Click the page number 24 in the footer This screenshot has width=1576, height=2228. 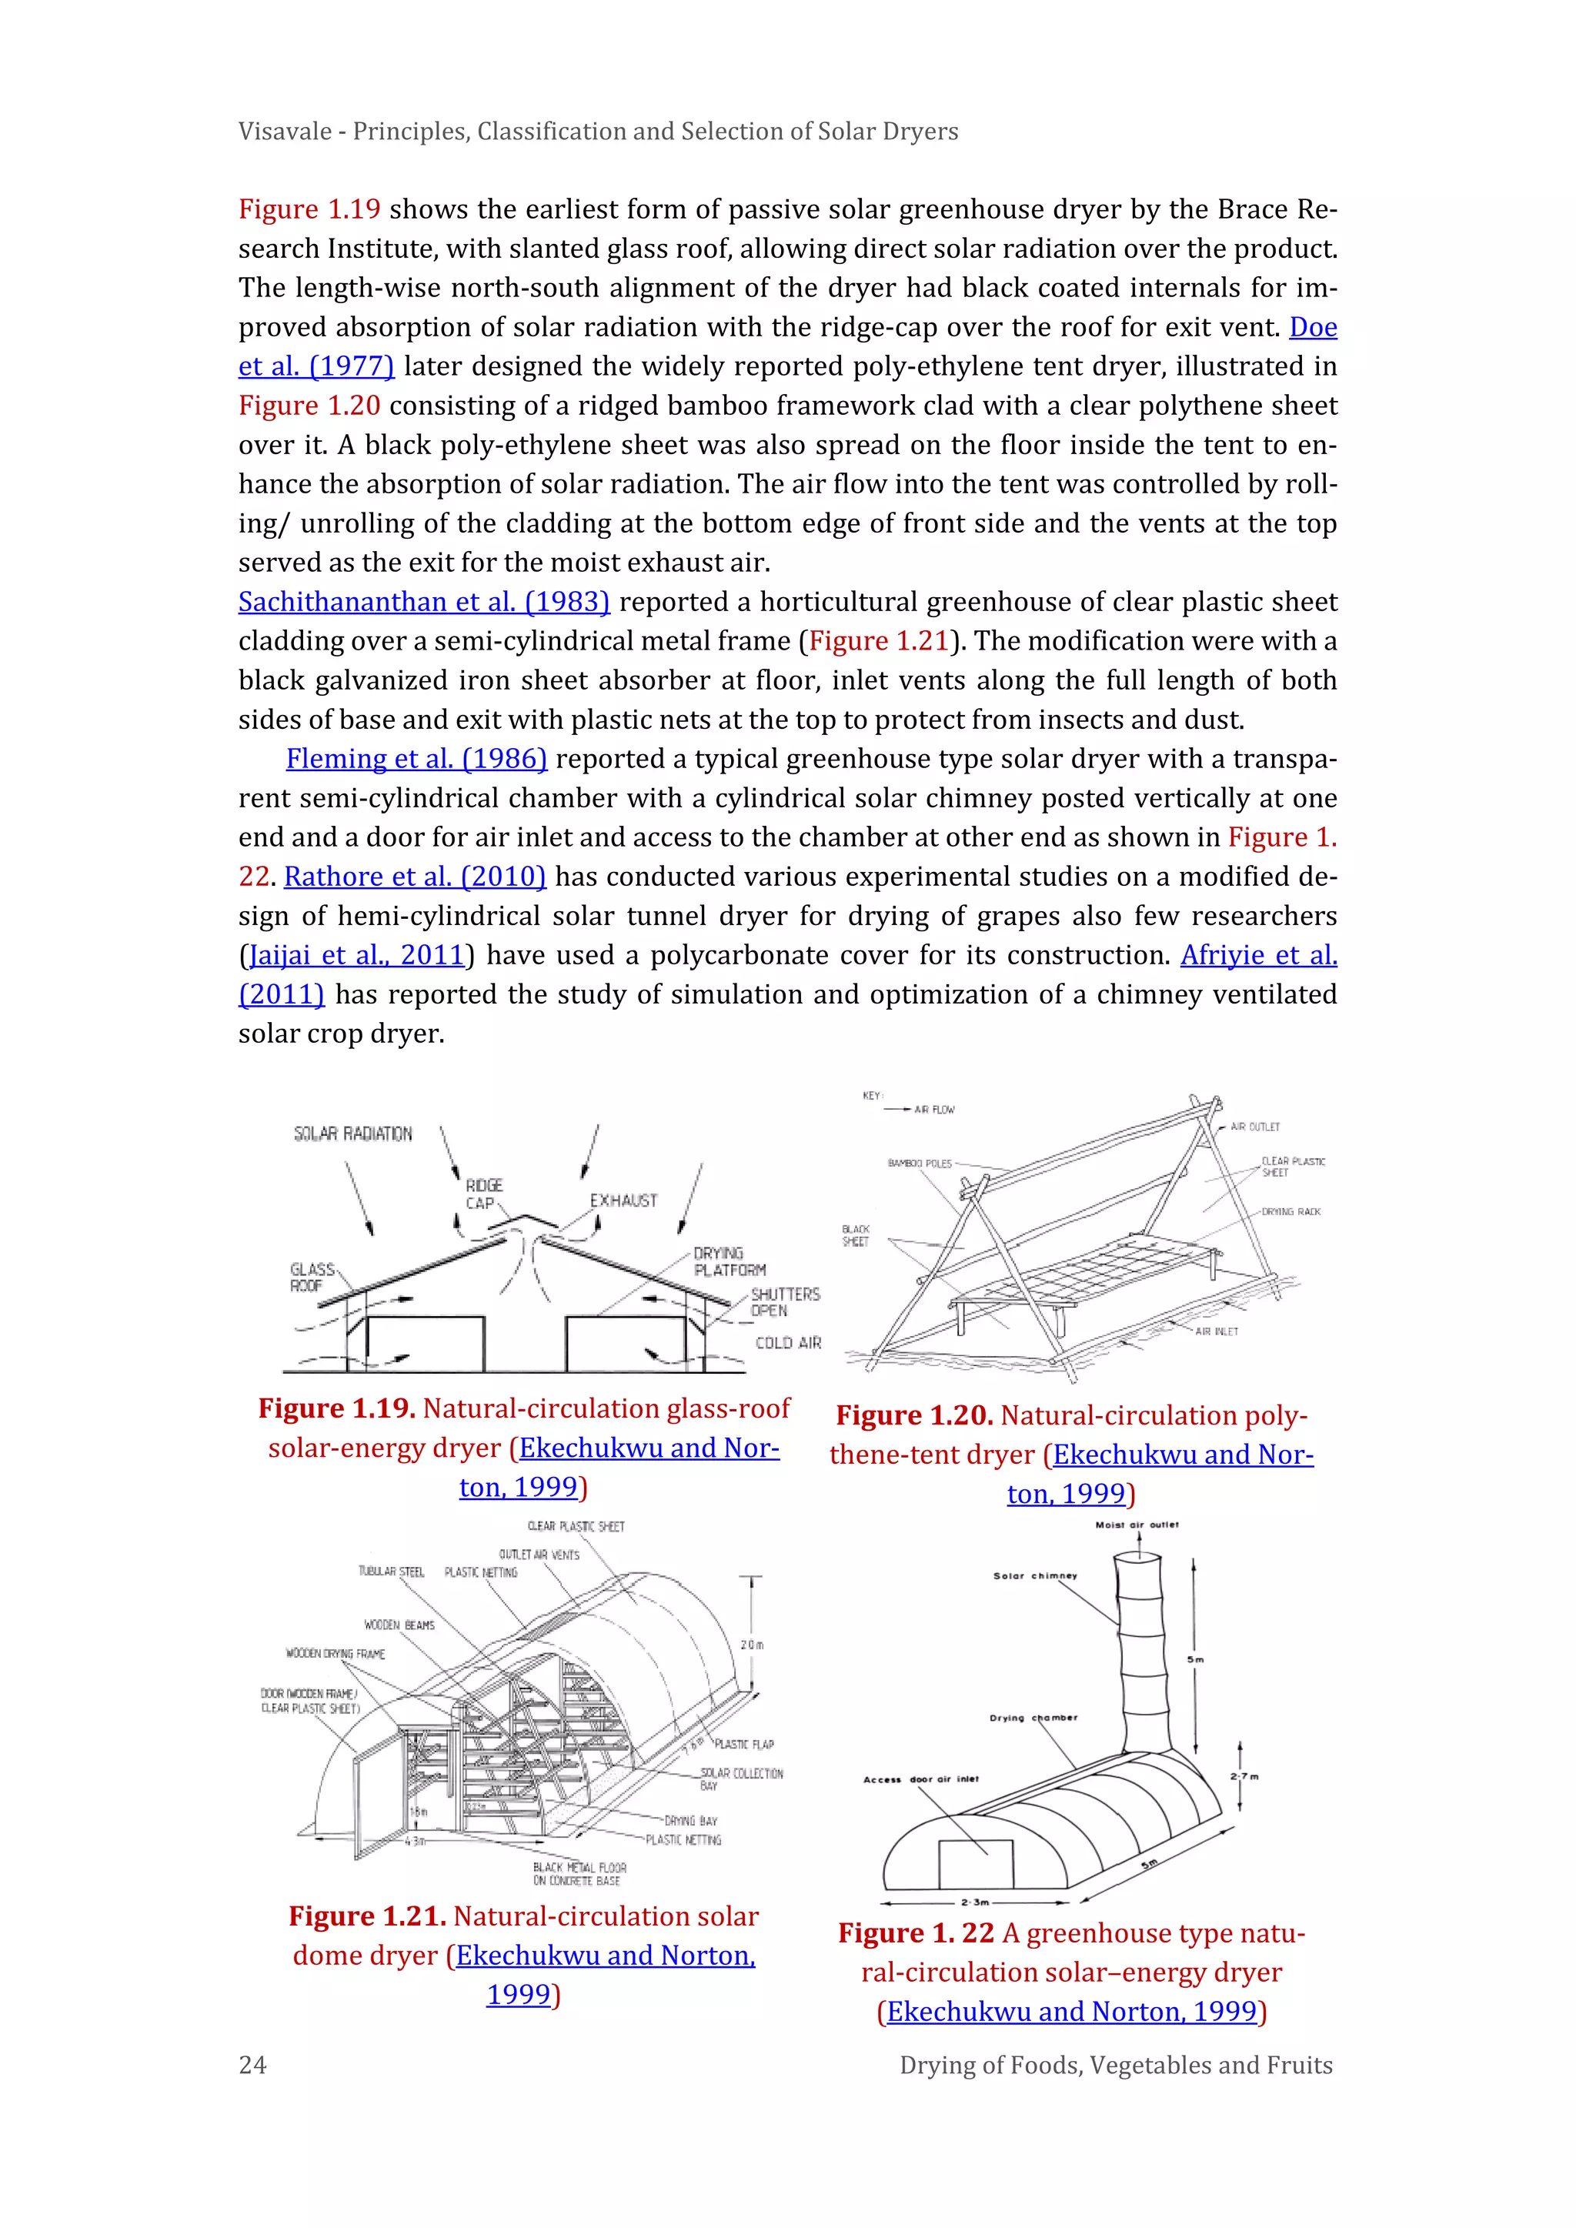252,2064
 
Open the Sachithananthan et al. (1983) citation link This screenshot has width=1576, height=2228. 424,602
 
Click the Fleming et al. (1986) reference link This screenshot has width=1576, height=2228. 416,759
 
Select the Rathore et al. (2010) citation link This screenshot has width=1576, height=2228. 414,877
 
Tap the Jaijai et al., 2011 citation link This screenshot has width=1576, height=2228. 356,955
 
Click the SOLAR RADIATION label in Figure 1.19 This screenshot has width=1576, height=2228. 353,1134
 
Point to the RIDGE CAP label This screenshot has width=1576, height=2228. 483,1194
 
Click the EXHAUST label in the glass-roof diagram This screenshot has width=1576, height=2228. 623,1201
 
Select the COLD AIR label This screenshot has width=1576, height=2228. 788,1343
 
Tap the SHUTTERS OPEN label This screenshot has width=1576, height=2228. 784,1302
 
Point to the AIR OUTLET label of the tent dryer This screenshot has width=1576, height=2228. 1255,1127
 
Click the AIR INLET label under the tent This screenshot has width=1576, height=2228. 1216,1331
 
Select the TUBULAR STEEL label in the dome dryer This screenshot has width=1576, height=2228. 391,1571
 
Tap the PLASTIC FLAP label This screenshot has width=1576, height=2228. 743,1744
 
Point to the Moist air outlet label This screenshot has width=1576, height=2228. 1137,1525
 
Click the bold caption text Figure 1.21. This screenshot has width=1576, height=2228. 367,1916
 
